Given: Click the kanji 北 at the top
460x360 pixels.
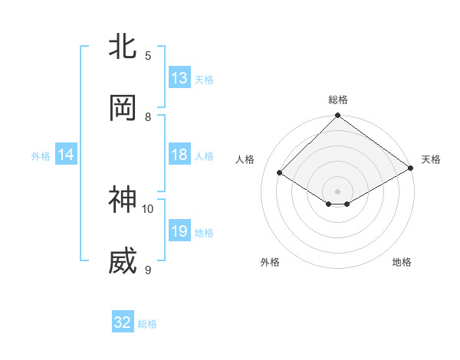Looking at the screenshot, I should coord(123,47).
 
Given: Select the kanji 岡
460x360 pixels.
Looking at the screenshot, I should coord(123,109).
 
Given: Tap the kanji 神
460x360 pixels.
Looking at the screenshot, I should coord(123,201).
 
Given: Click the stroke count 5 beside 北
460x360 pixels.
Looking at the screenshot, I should coord(148,55).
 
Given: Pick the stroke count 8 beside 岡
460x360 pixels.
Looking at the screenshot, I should coord(148,117).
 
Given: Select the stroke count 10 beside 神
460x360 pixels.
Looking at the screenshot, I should coord(148,208).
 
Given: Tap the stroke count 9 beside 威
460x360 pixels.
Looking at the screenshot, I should coord(148,270).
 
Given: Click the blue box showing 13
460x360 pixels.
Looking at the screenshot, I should coord(179,78).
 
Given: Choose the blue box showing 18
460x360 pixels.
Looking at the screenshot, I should coord(179,155).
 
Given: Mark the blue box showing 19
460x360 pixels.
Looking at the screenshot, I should coord(179,231).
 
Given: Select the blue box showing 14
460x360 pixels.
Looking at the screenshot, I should coord(66,155).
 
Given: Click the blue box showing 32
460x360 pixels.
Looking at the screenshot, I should coord(123,322).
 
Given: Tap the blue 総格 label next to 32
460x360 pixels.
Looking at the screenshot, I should coord(147,324).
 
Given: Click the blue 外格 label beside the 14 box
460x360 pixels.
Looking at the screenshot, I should coord(41,156).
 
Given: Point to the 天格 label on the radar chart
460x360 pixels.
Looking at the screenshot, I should coord(431,159).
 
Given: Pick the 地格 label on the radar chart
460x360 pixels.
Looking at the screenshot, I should coord(402,262).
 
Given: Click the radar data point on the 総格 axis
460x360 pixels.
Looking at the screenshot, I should coord(337,116).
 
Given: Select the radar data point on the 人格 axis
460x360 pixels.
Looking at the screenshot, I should coord(280,173).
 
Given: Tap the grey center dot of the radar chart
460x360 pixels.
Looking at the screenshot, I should coord(337,191).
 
